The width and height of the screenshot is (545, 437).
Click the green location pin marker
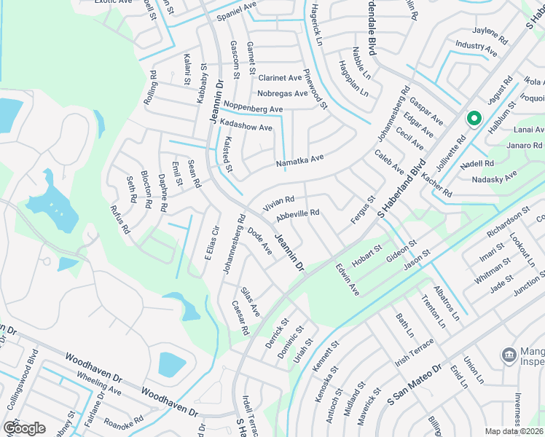[473, 119]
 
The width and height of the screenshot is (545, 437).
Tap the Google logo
[24, 428]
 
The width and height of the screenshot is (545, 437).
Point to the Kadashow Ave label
[246, 127]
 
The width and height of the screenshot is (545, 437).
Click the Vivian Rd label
[279, 201]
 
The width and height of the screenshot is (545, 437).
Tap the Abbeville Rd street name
[298, 215]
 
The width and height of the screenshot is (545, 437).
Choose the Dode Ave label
[259, 240]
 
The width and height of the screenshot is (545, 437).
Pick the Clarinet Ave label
[280, 78]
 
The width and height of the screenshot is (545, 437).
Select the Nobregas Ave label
[283, 94]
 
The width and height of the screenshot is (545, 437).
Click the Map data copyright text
[514, 431]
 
